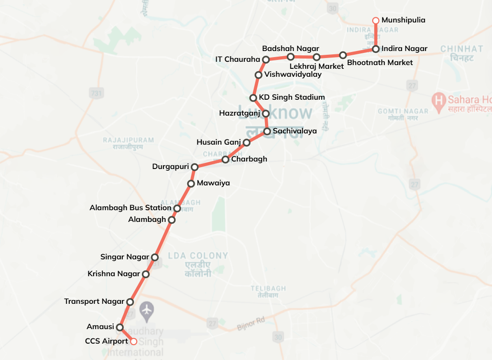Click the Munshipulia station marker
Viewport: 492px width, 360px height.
pyautogui.click(x=375, y=21)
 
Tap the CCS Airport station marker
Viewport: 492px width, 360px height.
pyautogui.click(x=133, y=341)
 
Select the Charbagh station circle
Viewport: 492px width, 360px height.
pyautogui.click(x=225, y=160)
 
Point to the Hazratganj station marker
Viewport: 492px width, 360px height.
pyautogui.click(x=265, y=113)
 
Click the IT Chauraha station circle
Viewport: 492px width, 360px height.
pyautogui.click(x=265, y=59)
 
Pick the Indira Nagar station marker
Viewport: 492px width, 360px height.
pyautogui.click(x=375, y=49)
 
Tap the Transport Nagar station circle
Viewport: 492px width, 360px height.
pyautogui.click(x=130, y=302)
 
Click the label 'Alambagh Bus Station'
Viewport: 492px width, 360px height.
pyautogui.click(x=130, y=207)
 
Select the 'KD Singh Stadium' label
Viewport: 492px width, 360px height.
pyautogui.click(x=292, y=97)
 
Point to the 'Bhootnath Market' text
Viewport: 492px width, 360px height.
pyautogui.click(x=380, y=62)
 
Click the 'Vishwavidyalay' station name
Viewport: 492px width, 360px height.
pyautogui.click(x=293, y=74)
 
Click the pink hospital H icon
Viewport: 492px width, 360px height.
pyautogui.click(x=438, y=99)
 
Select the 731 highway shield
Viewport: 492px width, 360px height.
pyautogui.click(x=96, y=94)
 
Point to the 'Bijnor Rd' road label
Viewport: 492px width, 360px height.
pyautogui.click(x=251, y=320)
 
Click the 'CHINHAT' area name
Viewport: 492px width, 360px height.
pyautogui.click(x=462, y=49)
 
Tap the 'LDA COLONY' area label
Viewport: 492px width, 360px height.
pyautogui.click(x=198, y=256)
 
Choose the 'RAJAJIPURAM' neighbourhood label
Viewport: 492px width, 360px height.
pyautogui.click(x=128, y=140)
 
